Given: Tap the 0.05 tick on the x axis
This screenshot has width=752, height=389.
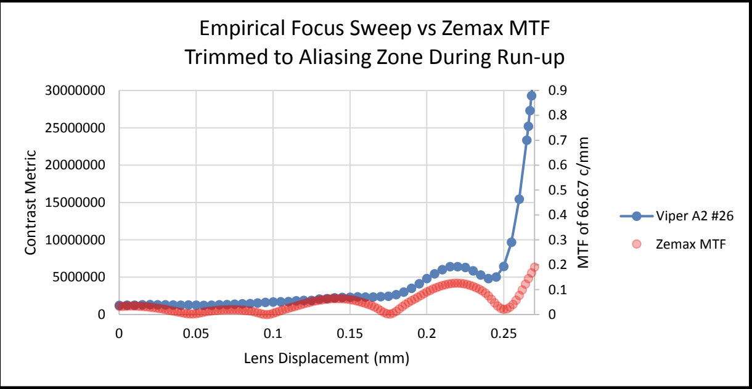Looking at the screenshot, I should click(196, 333).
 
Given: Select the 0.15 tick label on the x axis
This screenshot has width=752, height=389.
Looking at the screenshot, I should click(350, 333).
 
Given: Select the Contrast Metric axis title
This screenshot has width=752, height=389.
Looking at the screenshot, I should click(31, 203).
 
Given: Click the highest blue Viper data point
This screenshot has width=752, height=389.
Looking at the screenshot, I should click(531, 95).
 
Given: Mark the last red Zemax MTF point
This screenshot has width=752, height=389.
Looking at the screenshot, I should click(534, 267).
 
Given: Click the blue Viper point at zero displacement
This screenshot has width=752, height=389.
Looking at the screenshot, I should click(120, 305).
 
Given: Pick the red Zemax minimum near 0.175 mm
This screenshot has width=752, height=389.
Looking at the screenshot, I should click(389, 313).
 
